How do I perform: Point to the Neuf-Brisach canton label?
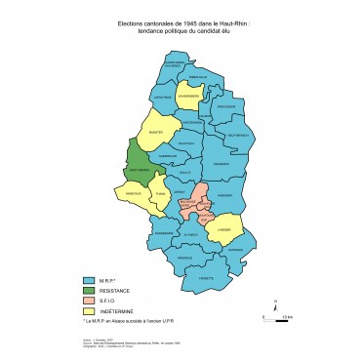(238, 134)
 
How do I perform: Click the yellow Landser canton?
(222, 230)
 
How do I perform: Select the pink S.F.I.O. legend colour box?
(90, 302)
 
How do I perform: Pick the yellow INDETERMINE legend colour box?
(90, 311)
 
